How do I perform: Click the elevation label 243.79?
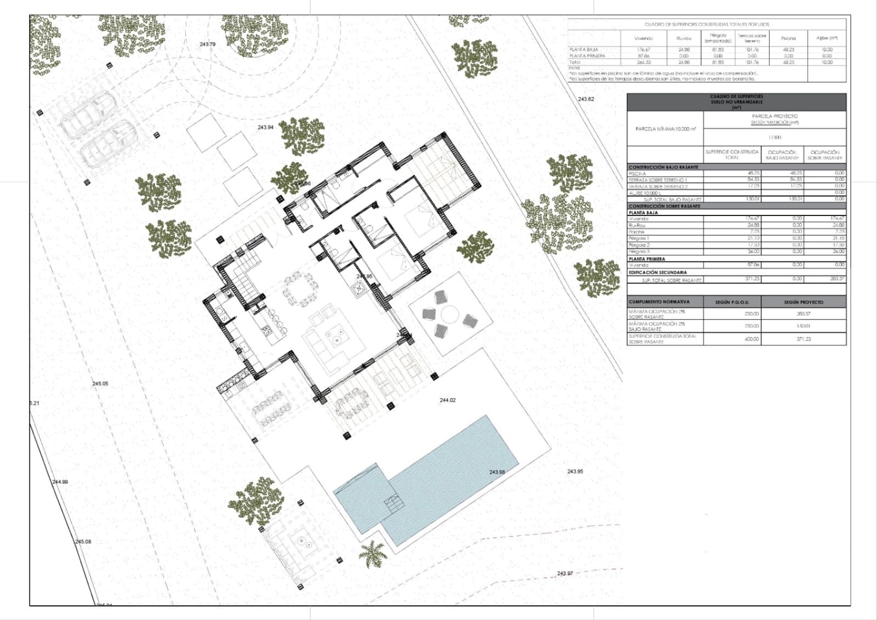coord(208,44)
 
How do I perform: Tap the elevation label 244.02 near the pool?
coord(447,400)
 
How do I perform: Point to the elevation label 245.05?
coord(100,384)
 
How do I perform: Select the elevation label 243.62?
coord(586,99)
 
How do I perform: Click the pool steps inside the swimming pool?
coord(392,503)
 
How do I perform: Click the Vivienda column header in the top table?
coord(643,38)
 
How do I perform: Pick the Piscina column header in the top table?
coord(788,38)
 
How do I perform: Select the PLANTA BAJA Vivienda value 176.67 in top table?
coord(643,49)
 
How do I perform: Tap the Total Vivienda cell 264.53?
coord(643,62)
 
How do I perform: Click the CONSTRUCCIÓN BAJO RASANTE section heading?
coord(663,167)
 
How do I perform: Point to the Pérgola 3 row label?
coord(639,252)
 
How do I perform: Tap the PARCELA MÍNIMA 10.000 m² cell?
coord(665,129)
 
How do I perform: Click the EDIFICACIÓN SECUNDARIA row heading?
coord(657,272)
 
